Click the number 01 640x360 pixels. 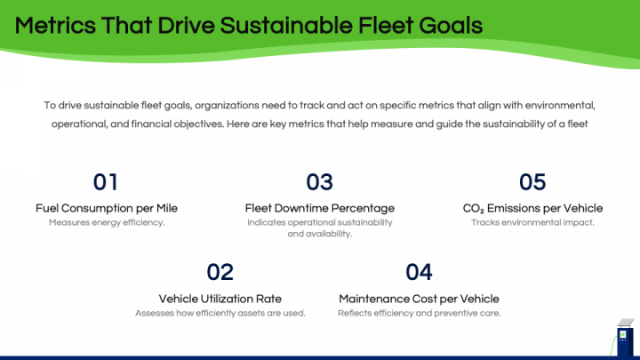pos(105,182)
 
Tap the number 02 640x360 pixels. pos(220,272)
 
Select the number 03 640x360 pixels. pos(320,182)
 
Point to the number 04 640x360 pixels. pos(419,272)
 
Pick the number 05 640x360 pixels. pos(532,182)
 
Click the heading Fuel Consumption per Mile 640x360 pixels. pos(107,208)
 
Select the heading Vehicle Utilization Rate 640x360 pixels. pos(220,299)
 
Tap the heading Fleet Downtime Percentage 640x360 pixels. pos(320,208)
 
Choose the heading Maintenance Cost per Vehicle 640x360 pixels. pos(419,299)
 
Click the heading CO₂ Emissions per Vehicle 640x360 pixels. pos(532,208)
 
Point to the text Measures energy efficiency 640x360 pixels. pos(107,222)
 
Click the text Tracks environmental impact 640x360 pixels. pos(532,222)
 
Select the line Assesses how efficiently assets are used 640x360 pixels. pos(220,313)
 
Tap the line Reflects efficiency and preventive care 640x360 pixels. pos(419,313)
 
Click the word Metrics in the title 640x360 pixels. pos(55,25)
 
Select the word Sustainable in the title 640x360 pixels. pos(286,25)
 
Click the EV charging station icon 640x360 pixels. pos(623,338)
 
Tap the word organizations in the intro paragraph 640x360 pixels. pos(227,105)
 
